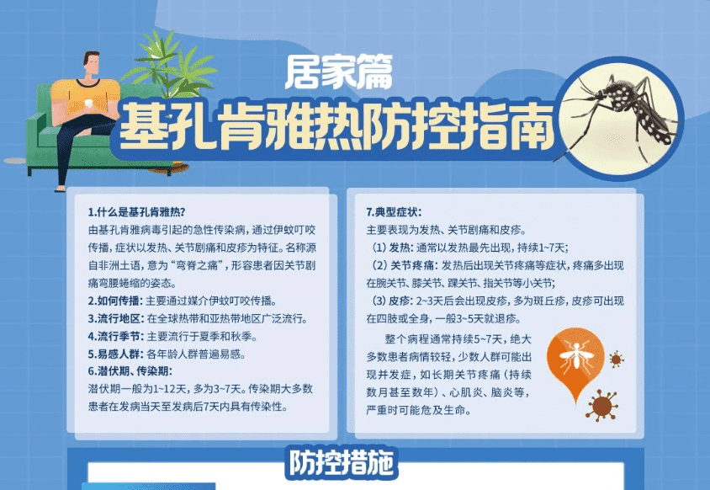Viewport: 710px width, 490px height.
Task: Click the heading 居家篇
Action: [339, 72]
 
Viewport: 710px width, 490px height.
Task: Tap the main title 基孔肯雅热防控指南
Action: [337, 126]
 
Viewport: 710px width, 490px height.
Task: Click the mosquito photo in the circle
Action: [619, 119]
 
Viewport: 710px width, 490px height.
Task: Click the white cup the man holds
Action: [89, 104]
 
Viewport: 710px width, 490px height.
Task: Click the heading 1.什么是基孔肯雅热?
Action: [137, 212]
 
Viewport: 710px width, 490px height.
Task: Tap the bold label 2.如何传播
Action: [115, 301]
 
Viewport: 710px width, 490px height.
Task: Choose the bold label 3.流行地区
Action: [116, 318]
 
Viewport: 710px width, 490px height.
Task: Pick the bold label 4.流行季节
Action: [116, 336]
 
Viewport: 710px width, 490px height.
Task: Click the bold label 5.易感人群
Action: [116, 354]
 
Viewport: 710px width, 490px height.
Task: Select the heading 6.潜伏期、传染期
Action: [130, 371]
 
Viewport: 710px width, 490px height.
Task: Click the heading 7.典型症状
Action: [394, 212]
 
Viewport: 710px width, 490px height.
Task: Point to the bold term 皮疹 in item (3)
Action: [400, 301]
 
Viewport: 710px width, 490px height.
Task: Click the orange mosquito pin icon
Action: [575, 358]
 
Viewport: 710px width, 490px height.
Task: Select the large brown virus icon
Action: [601, 405]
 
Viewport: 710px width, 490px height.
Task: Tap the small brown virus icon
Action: [616, 360]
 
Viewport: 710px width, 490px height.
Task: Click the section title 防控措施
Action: [342, 463]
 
